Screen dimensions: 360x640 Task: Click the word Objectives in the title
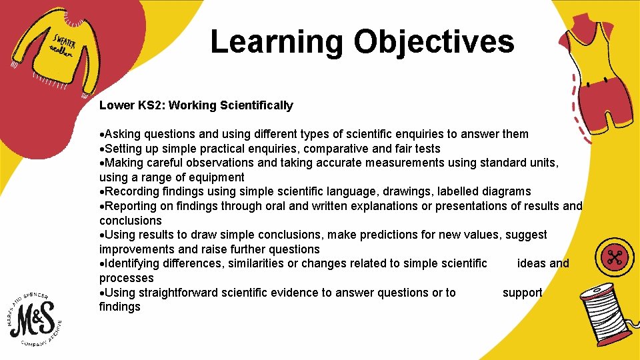click(x=434, y=42)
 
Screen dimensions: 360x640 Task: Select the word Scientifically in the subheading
click(x=257, y=105)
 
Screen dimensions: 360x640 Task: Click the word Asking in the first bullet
click(x=121, y=134)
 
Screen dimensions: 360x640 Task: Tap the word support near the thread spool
click(x=522, y=293)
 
